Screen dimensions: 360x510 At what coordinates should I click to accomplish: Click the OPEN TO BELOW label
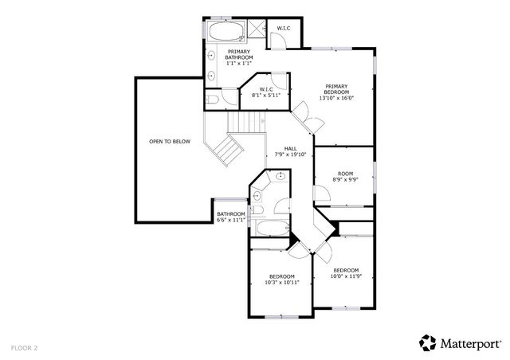pos(169,142)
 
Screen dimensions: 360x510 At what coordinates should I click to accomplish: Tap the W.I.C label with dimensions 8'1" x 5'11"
pos(266,92)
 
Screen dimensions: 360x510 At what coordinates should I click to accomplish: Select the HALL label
pos(291,148)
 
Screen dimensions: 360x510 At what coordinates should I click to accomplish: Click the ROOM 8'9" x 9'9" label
pos(345,176)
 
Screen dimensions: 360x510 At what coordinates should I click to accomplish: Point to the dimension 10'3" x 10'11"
pos(282,282)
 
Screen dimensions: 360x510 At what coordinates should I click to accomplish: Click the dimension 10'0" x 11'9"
pos(346,276)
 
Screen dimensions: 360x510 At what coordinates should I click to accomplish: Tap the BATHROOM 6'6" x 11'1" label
pos(230,217)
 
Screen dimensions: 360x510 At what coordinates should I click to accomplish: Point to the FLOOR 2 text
pos(24,347)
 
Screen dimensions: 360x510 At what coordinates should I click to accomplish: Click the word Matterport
pos(470,343)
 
